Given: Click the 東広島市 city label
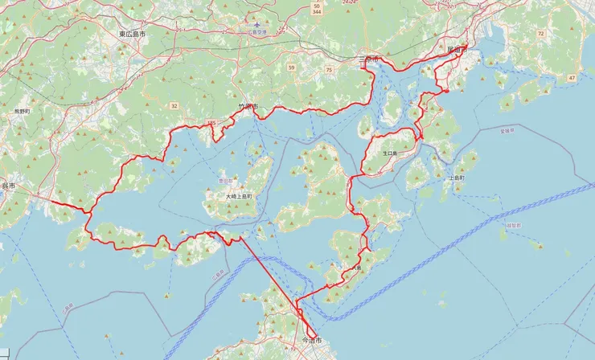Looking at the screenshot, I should click(x=132, y=35).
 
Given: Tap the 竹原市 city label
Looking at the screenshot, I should click(x=248, y=106).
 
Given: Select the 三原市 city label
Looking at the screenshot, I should click(x=368, y=60).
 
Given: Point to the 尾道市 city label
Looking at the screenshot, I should click(x=456, y=50).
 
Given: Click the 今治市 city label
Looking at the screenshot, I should click(x=310, y=341).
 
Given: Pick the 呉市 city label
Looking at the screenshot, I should click(x=8, y=186).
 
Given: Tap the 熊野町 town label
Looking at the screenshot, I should click(x=22, y=111).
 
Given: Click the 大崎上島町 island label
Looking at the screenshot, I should click(x=239, y=195).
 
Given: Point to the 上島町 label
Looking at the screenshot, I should click(x=457, y=178).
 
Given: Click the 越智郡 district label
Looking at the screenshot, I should click(x=512, y=226).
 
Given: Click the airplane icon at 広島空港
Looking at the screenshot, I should click(x=256, y=25).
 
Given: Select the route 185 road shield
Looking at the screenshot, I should click(x=211, y=123).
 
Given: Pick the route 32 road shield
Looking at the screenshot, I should click(x=174, y=105).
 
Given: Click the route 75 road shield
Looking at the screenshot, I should click(x=329, y=70).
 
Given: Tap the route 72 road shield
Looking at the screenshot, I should click(x=540, y=35).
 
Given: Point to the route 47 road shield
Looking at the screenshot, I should click(x=572, y=77).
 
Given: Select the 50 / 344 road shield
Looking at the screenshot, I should click(x=317, y=8).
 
